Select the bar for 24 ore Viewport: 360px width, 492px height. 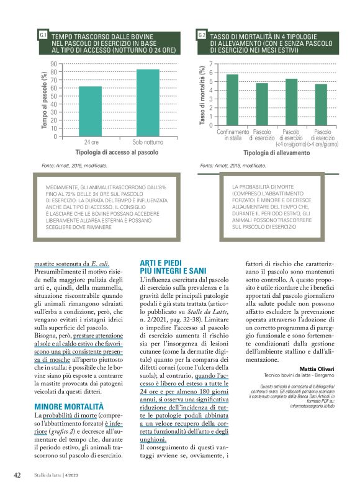pyautogui.click(x=90, y=111)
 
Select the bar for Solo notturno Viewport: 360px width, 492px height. pyautogui.click(x=148, y=102)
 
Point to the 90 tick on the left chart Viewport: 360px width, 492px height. pyautogui.click(x=53, y=64)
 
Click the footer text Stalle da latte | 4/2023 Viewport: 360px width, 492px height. pyautogui.click(x=61, y=475)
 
